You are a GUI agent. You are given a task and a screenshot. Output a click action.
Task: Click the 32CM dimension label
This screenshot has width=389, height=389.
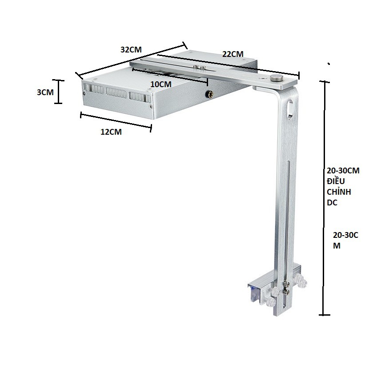131,50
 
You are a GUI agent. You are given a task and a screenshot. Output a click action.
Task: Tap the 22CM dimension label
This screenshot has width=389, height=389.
233,54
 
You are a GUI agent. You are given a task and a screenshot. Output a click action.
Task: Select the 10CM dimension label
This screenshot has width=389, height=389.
160,84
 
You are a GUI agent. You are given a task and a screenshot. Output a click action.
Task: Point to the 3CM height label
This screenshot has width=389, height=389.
45,92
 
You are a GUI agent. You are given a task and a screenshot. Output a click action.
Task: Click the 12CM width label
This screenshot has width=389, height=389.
111,132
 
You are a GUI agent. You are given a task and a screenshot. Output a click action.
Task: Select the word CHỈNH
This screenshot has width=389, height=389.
339,192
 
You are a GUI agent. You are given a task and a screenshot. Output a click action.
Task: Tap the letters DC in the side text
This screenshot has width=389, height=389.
332,202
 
